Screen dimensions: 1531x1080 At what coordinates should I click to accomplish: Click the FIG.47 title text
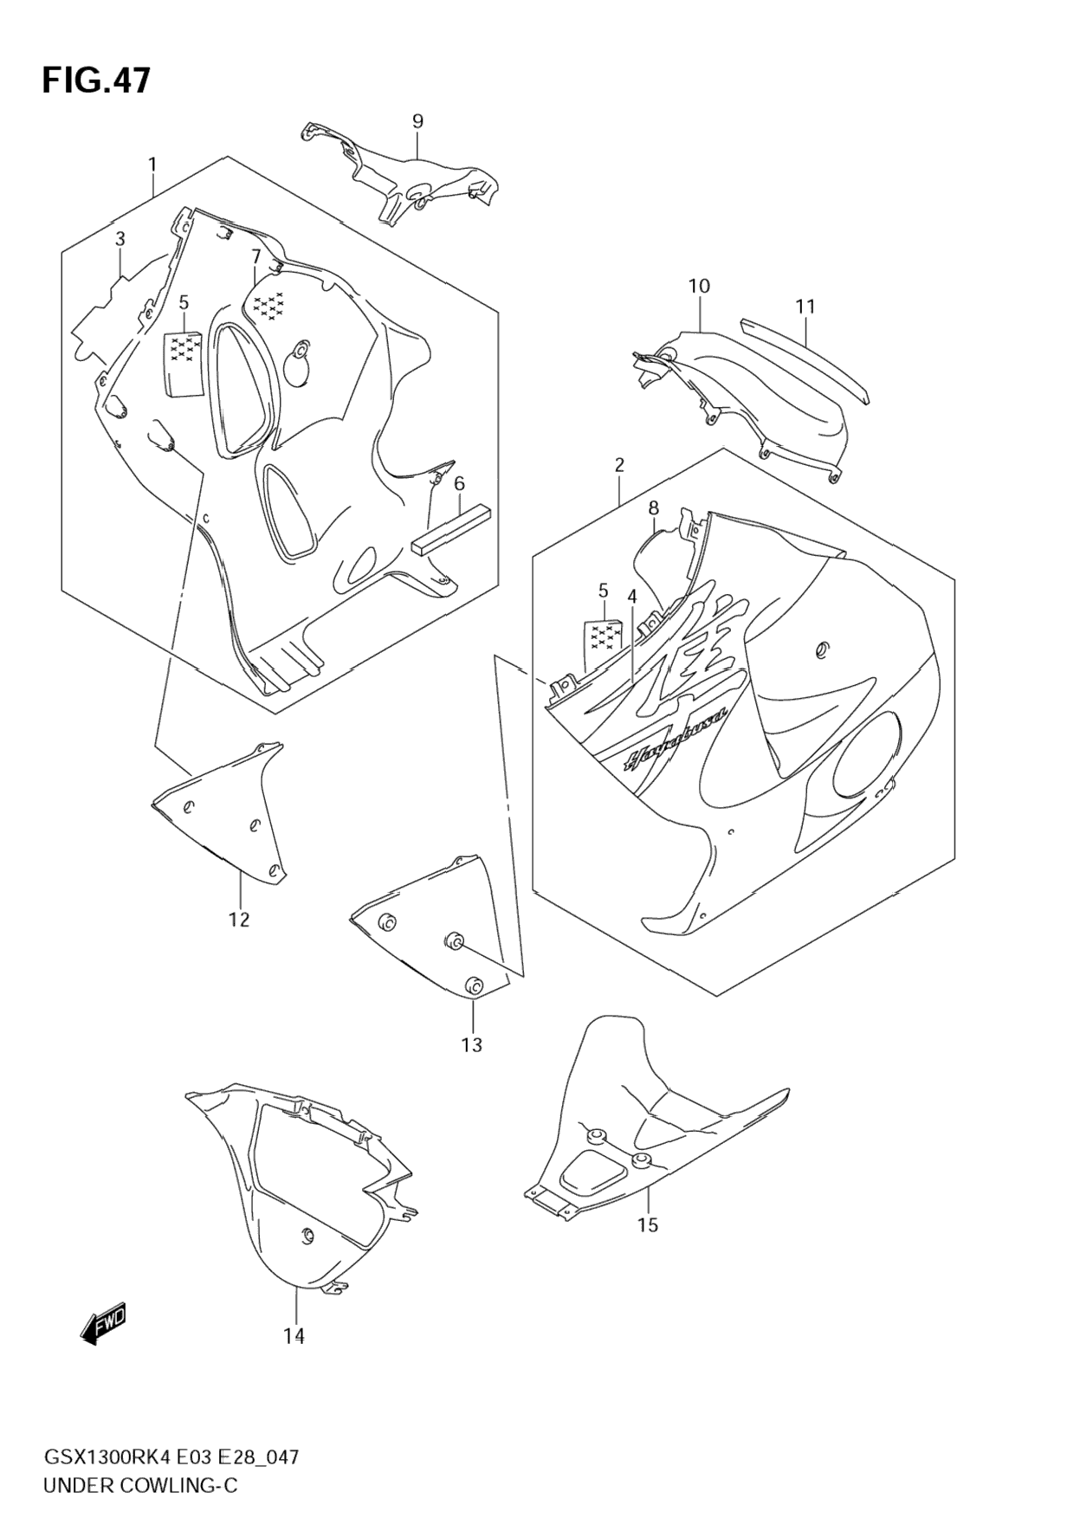click(96, 81)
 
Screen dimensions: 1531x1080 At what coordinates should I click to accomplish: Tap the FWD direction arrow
click(103, 1324)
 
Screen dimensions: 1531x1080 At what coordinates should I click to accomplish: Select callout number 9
click(417, 121)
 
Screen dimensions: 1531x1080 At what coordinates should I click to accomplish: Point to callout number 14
click(294, 1336)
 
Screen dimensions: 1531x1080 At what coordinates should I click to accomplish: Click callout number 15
click(648, 1224)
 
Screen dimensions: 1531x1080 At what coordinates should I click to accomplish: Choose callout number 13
click(471, 1045)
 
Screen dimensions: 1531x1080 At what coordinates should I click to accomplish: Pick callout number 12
click(239, 920)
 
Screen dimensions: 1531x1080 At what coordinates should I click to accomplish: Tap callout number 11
click(805, 307)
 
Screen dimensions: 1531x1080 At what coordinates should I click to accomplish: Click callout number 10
click(699, 286)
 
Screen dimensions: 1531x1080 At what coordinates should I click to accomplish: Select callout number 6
click(459, 483)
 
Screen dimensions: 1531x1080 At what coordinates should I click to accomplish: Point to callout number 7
click(256, 256)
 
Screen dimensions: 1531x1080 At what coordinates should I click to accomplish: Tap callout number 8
click(654, 508)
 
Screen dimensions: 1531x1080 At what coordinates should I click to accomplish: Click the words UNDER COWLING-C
click(139, 1486)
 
